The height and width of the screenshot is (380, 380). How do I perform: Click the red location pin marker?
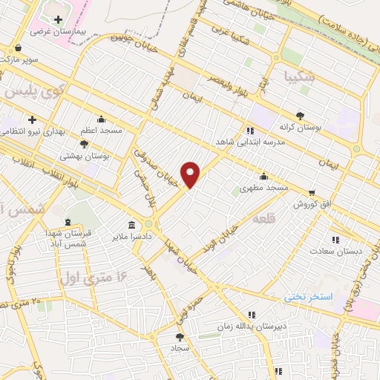pos(191,174)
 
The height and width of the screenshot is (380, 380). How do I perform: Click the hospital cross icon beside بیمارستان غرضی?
pos(58,18)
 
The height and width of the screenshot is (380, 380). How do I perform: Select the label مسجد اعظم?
pos(102,130)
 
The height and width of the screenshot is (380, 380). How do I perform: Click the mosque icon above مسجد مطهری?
pos(263,177)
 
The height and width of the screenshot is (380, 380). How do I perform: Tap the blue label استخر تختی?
pos(309,296)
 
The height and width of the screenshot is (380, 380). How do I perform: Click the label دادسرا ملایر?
pos(132,237)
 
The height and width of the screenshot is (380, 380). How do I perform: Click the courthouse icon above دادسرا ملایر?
pos(131,224)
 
